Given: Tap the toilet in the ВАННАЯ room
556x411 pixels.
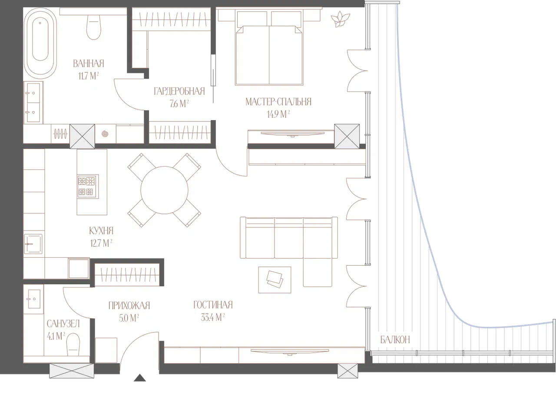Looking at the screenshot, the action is tap(94, 27).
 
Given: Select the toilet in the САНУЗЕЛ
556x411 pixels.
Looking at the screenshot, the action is tap(73, 344).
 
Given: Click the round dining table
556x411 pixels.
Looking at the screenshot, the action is tap(164, 190).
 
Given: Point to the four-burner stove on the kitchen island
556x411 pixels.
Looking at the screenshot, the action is tap(88, 186).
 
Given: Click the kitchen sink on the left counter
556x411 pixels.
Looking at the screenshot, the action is tap(33, 244).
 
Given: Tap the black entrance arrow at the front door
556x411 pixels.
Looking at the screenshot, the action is tap(139, 378).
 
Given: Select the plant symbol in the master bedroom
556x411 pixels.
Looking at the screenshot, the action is tap(340, 19).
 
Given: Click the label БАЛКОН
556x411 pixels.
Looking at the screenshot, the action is tap(395, 340).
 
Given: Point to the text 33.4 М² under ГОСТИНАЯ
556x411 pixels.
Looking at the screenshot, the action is tap(212, 317).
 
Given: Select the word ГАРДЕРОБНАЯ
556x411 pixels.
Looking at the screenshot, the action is tap(179, 91).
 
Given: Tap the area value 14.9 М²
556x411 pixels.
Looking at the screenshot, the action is tap(278, 114).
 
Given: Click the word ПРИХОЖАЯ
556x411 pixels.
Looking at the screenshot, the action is tap(129, 306).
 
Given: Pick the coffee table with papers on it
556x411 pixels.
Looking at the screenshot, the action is tap(275, 280).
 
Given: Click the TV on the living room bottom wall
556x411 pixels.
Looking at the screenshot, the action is tap(290, 352).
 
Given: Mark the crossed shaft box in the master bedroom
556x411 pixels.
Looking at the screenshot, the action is tap(347, 136).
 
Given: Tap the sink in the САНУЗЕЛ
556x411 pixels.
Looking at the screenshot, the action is tap(33, 299).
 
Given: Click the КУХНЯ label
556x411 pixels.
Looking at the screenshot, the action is tap(101, 230).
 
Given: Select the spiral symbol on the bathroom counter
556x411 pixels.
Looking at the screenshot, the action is tap(105, 134).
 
